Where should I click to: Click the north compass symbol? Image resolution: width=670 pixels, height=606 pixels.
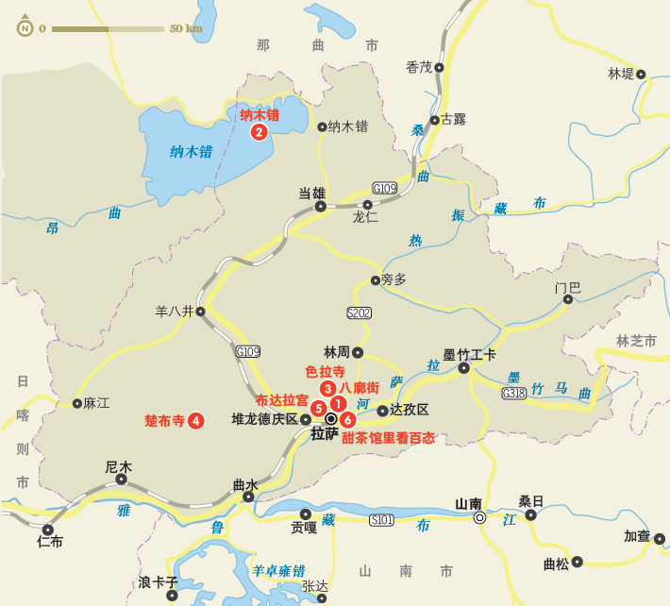click(22, 27)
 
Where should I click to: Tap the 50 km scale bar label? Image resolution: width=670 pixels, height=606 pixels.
click(186, 28)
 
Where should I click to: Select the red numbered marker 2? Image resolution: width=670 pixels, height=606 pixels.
click(259, 132)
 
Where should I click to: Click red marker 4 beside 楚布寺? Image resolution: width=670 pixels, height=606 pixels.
click(196, 421)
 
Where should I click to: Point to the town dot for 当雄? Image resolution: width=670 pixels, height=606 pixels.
click(321, 206)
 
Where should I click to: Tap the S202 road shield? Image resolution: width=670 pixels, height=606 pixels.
click(360, 313)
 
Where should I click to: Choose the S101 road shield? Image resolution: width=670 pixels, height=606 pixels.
click(381, 520)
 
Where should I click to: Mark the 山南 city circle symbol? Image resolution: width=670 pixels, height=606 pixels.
click(480, 518)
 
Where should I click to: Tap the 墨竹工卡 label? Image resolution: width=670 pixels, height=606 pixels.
click(470, 354)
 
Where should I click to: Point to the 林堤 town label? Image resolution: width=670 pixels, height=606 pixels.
click(621, 74)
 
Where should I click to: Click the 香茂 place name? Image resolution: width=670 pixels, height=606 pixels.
click(418, 67)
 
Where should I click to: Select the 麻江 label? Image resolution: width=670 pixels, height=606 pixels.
click(96, 403)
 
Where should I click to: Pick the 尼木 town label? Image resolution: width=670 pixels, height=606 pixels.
click(118, 466)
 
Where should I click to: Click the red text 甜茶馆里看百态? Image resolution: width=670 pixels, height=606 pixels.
click(389, 438)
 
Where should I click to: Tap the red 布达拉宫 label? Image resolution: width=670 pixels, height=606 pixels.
click(281, 400)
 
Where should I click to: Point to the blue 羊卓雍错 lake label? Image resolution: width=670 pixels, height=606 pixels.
click(278, 571)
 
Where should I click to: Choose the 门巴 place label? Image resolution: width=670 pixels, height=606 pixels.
click(568, 287)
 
